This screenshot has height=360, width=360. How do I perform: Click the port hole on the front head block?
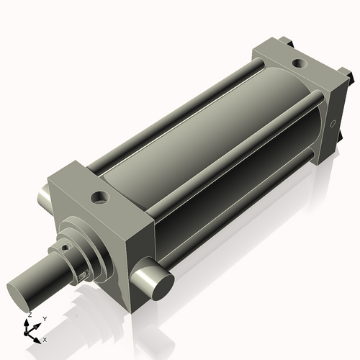click(x=99, y=198)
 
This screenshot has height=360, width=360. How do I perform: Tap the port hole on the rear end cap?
click(x=300, y=63)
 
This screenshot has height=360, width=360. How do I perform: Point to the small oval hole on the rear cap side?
click(x=333, y=124)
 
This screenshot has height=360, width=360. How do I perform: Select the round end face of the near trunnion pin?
click(x=163, y=287)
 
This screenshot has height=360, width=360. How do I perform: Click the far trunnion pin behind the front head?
click(x=44, y=197)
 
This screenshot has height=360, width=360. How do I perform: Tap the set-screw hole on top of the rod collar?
click(x=65, y=247)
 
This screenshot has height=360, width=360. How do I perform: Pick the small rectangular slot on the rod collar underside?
click(x=84, y=276)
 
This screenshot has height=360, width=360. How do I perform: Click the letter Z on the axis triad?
click(x=30, y=315)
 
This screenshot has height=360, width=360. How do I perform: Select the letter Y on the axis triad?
click(x=45, y=319)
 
